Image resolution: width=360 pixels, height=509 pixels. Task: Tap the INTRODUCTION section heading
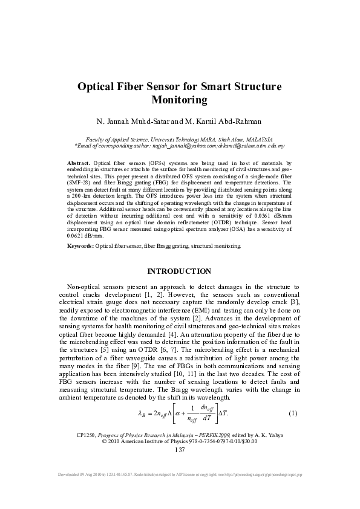(179, 288)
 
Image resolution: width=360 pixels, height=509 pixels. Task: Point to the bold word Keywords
(80, 264)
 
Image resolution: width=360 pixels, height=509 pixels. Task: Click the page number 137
(180, 450)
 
